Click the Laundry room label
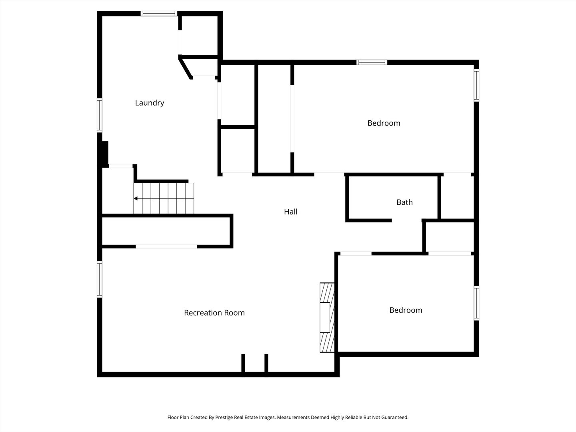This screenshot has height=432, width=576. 150,103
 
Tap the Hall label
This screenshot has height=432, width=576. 291,212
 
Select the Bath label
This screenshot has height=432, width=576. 404,202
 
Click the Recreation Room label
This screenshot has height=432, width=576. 214,313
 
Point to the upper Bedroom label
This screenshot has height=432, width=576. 384,123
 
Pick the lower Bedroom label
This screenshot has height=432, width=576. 406,310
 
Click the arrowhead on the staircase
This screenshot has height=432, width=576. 136,198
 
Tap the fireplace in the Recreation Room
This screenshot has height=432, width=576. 326,318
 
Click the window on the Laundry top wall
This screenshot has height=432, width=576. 159,14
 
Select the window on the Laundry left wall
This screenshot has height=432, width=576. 100,115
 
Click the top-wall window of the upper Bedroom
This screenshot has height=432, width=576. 372,62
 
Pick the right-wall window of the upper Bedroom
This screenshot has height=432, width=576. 476,85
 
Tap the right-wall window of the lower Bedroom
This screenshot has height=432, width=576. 476,303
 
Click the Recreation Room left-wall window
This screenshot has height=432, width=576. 100,279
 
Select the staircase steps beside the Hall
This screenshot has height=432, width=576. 164,198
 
